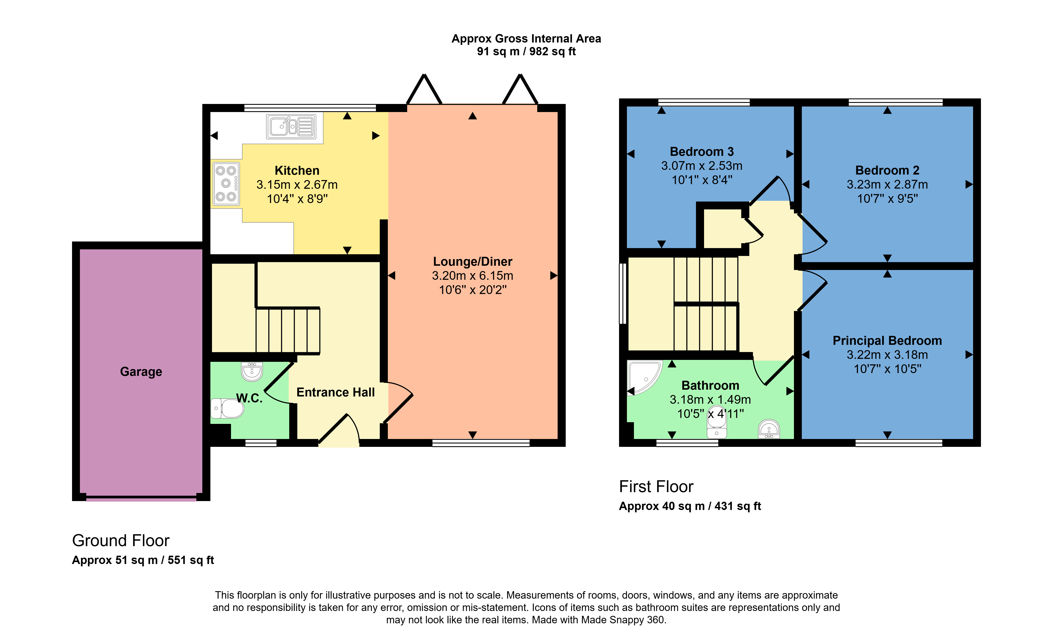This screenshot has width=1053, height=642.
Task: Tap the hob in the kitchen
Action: tap(226, 184)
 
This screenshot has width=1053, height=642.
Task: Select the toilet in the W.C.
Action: tap(227, 408)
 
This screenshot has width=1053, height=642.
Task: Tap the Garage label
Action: tap(141, 371)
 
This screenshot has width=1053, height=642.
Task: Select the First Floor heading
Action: tap(656, 486)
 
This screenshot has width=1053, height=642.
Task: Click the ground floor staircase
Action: tap(288, 330)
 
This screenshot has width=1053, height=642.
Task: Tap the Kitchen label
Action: tap(297, 170)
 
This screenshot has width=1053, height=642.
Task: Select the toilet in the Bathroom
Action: tap(717, 422)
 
